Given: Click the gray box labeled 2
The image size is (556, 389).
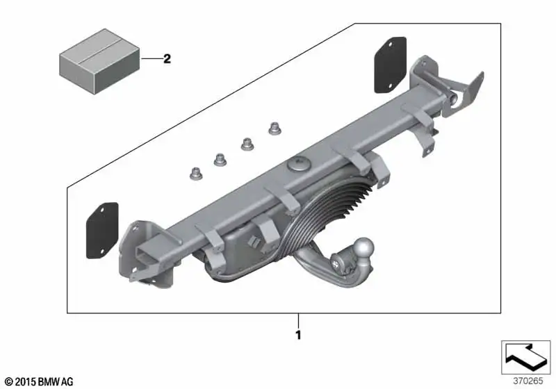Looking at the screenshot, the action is tap(99, 61).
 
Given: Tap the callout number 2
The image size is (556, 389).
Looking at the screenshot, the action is tap(167, 58).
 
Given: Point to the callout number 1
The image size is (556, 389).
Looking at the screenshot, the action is tap(298, 335).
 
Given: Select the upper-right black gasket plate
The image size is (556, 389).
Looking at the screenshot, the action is tap(391, 65).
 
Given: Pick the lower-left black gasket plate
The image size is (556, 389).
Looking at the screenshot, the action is tap(102, 231).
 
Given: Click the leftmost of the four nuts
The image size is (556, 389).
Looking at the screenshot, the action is tap(196, 174).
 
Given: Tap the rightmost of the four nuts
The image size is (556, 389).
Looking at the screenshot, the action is tap(275, 129).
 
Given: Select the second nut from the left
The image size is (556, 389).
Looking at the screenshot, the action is tap(220, 160).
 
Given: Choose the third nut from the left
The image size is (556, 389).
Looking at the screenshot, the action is tap(247, 144).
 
